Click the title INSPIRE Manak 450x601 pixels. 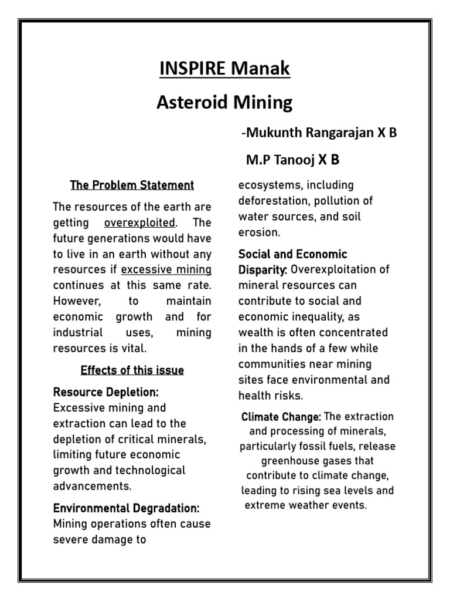point(225,69)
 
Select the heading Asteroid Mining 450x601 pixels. point(225,103)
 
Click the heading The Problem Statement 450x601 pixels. point(132,185)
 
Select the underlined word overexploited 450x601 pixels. point(139,223)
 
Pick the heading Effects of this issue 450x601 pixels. point(132,370)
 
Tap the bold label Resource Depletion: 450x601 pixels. point(106,391)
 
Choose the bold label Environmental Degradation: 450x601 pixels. point(127,508)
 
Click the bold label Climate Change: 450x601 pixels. point(281,417)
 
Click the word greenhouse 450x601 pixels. point(289,461)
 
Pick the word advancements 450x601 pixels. point(93,486)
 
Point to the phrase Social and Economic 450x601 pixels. point(293,254)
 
